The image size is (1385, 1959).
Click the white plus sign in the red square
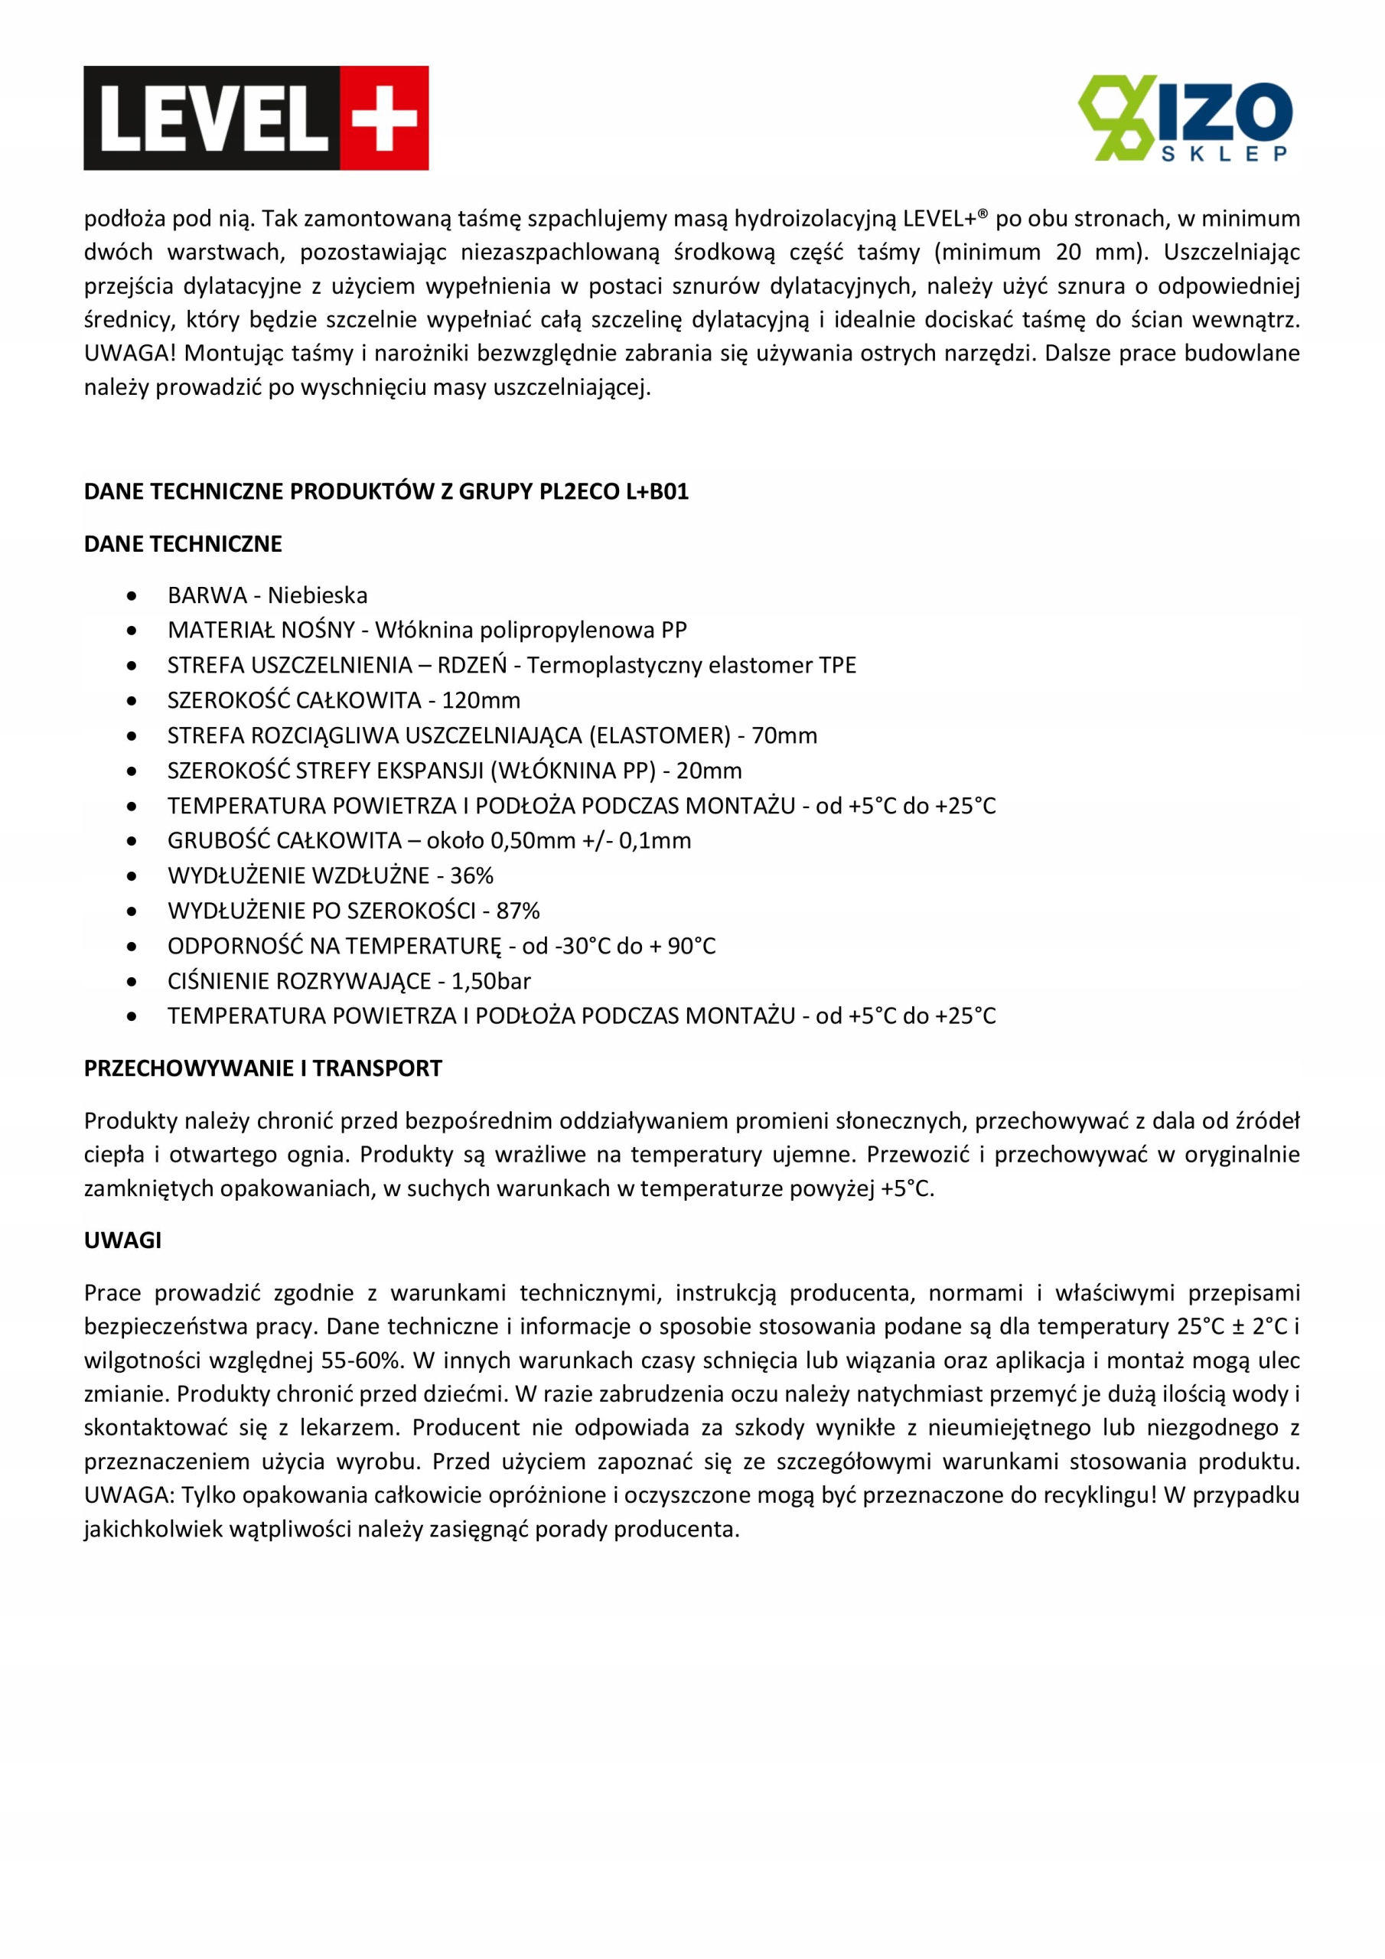[x=385, y=119]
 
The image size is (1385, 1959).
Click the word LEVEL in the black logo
[x=213, y=119]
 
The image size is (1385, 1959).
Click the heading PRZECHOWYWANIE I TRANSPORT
[x=262, y=1068]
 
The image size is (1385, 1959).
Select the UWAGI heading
[x=122, y=1240]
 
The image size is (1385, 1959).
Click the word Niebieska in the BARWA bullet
[x=318, y=595]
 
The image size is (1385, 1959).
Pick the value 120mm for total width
[x=481, y=699]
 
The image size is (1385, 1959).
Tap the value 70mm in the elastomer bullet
[x=784, y=735]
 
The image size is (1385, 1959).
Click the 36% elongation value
[x=471, y=875]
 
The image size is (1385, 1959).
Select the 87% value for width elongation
[x=518, y=911]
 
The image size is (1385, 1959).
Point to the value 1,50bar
[x=490, y=980]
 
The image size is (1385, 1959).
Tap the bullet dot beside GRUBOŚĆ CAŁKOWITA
[x=132, y=840]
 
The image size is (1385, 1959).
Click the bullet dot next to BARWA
[x=132, y=595]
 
